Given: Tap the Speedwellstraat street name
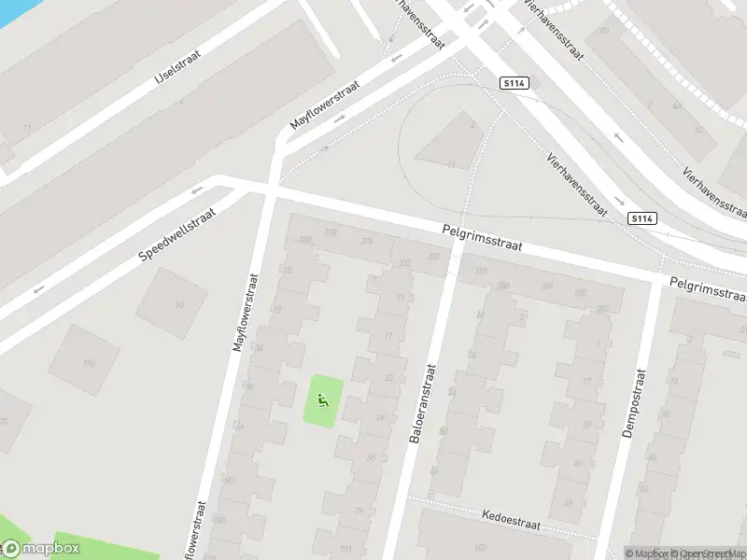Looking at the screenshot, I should pyautogui.click(x=177, y=234).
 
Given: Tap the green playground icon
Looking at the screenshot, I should pyautogui.click(x=323, y=402).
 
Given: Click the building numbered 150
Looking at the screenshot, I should pyautogui.click(x=89, y=362).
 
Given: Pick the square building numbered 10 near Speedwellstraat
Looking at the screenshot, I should pyautogui.click(x=177, y=304).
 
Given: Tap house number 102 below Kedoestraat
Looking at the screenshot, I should pyautogui.click(x=481, y=547).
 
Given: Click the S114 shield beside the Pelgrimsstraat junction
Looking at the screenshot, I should pyautogui.click(x=641, y=218).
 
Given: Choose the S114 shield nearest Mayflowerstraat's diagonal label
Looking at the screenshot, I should pyautogui.click(x=514, y=83).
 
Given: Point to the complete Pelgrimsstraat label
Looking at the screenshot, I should pyautogui.click(x=482, y=239).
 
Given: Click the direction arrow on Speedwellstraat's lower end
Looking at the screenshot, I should pyautogui.click(x=38, y=288).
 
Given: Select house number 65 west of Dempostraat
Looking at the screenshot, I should pyautogui.click(x=568, y=504).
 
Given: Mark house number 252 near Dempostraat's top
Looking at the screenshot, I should pyautogui.click(x=602, y=308).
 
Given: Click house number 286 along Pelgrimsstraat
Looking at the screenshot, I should pyautogui.click(x=504, y=287).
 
